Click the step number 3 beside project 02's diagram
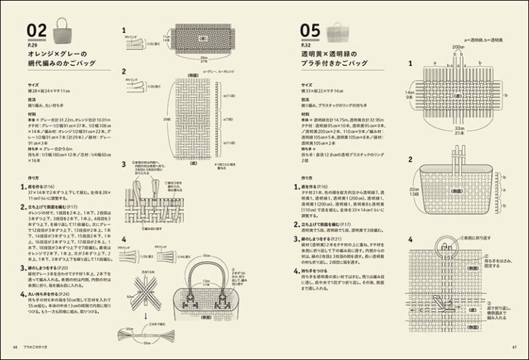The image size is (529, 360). click(x=123, y=165)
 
